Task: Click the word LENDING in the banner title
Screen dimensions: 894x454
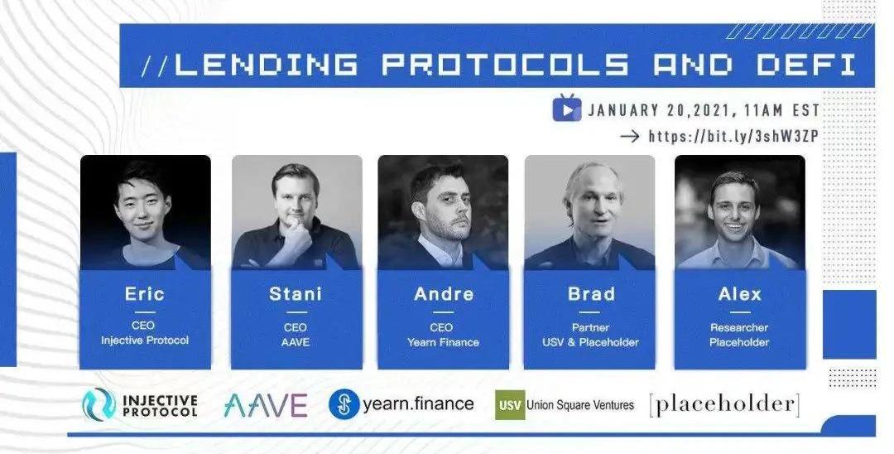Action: (x=267, y=64)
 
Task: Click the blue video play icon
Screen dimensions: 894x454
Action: (x=567, y=109)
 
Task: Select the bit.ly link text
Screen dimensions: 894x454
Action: (x=733, y=137)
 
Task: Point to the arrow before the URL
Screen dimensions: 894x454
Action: (x=629, y=137)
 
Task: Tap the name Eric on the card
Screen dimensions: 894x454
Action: (x=145, y=294)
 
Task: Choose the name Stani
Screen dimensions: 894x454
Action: (x=296, y=294)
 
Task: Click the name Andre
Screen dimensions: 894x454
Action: (x=444, y=294)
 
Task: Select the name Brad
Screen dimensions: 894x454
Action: (x=591, y=294)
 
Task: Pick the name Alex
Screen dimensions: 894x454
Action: (x=740, y=294)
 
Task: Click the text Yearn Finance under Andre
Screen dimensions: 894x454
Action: (x=443, y=342)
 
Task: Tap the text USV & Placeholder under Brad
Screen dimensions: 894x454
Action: (x=590, y=342)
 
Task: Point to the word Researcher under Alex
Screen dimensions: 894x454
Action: (x=739, y=327)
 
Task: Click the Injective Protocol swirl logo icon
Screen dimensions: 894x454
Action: (x=99, y=404)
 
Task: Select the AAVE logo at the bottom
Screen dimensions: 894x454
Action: (x=266, y=405)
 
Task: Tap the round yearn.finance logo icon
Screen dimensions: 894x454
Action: (x=344, y=404)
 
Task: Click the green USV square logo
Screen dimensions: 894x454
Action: (x=510, y=405)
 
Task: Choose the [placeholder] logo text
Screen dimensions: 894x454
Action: (x=724, y=404)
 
